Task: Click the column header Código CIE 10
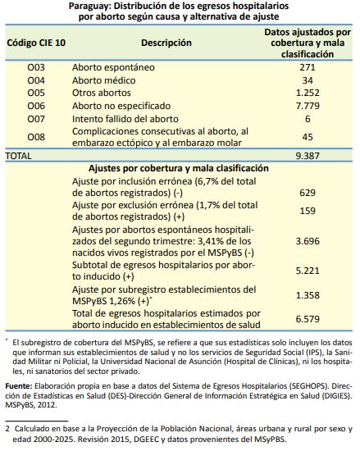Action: point(36,43)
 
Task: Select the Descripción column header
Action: point(166,43)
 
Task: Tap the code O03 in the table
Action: point(36,67)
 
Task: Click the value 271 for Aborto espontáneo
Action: point(308,67)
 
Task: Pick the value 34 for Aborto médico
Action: point(308,80)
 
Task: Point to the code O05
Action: point(36,93)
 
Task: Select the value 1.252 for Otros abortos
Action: point(308,93)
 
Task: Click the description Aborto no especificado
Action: point(121,106)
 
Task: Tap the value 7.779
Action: point(308,106)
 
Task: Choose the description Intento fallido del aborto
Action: point(125,119)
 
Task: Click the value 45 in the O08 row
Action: point(308,137)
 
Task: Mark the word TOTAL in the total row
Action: point(18,156)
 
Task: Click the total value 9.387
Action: point(308,156)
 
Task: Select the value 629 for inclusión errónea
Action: point(308,193)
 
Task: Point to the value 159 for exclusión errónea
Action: point(308,211)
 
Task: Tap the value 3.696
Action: point(308,241)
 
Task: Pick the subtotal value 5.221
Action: point(308,271)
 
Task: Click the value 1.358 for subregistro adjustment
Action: point(308,295)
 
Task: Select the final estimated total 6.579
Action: point(308,319)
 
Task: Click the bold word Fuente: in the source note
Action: point(19,386)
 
